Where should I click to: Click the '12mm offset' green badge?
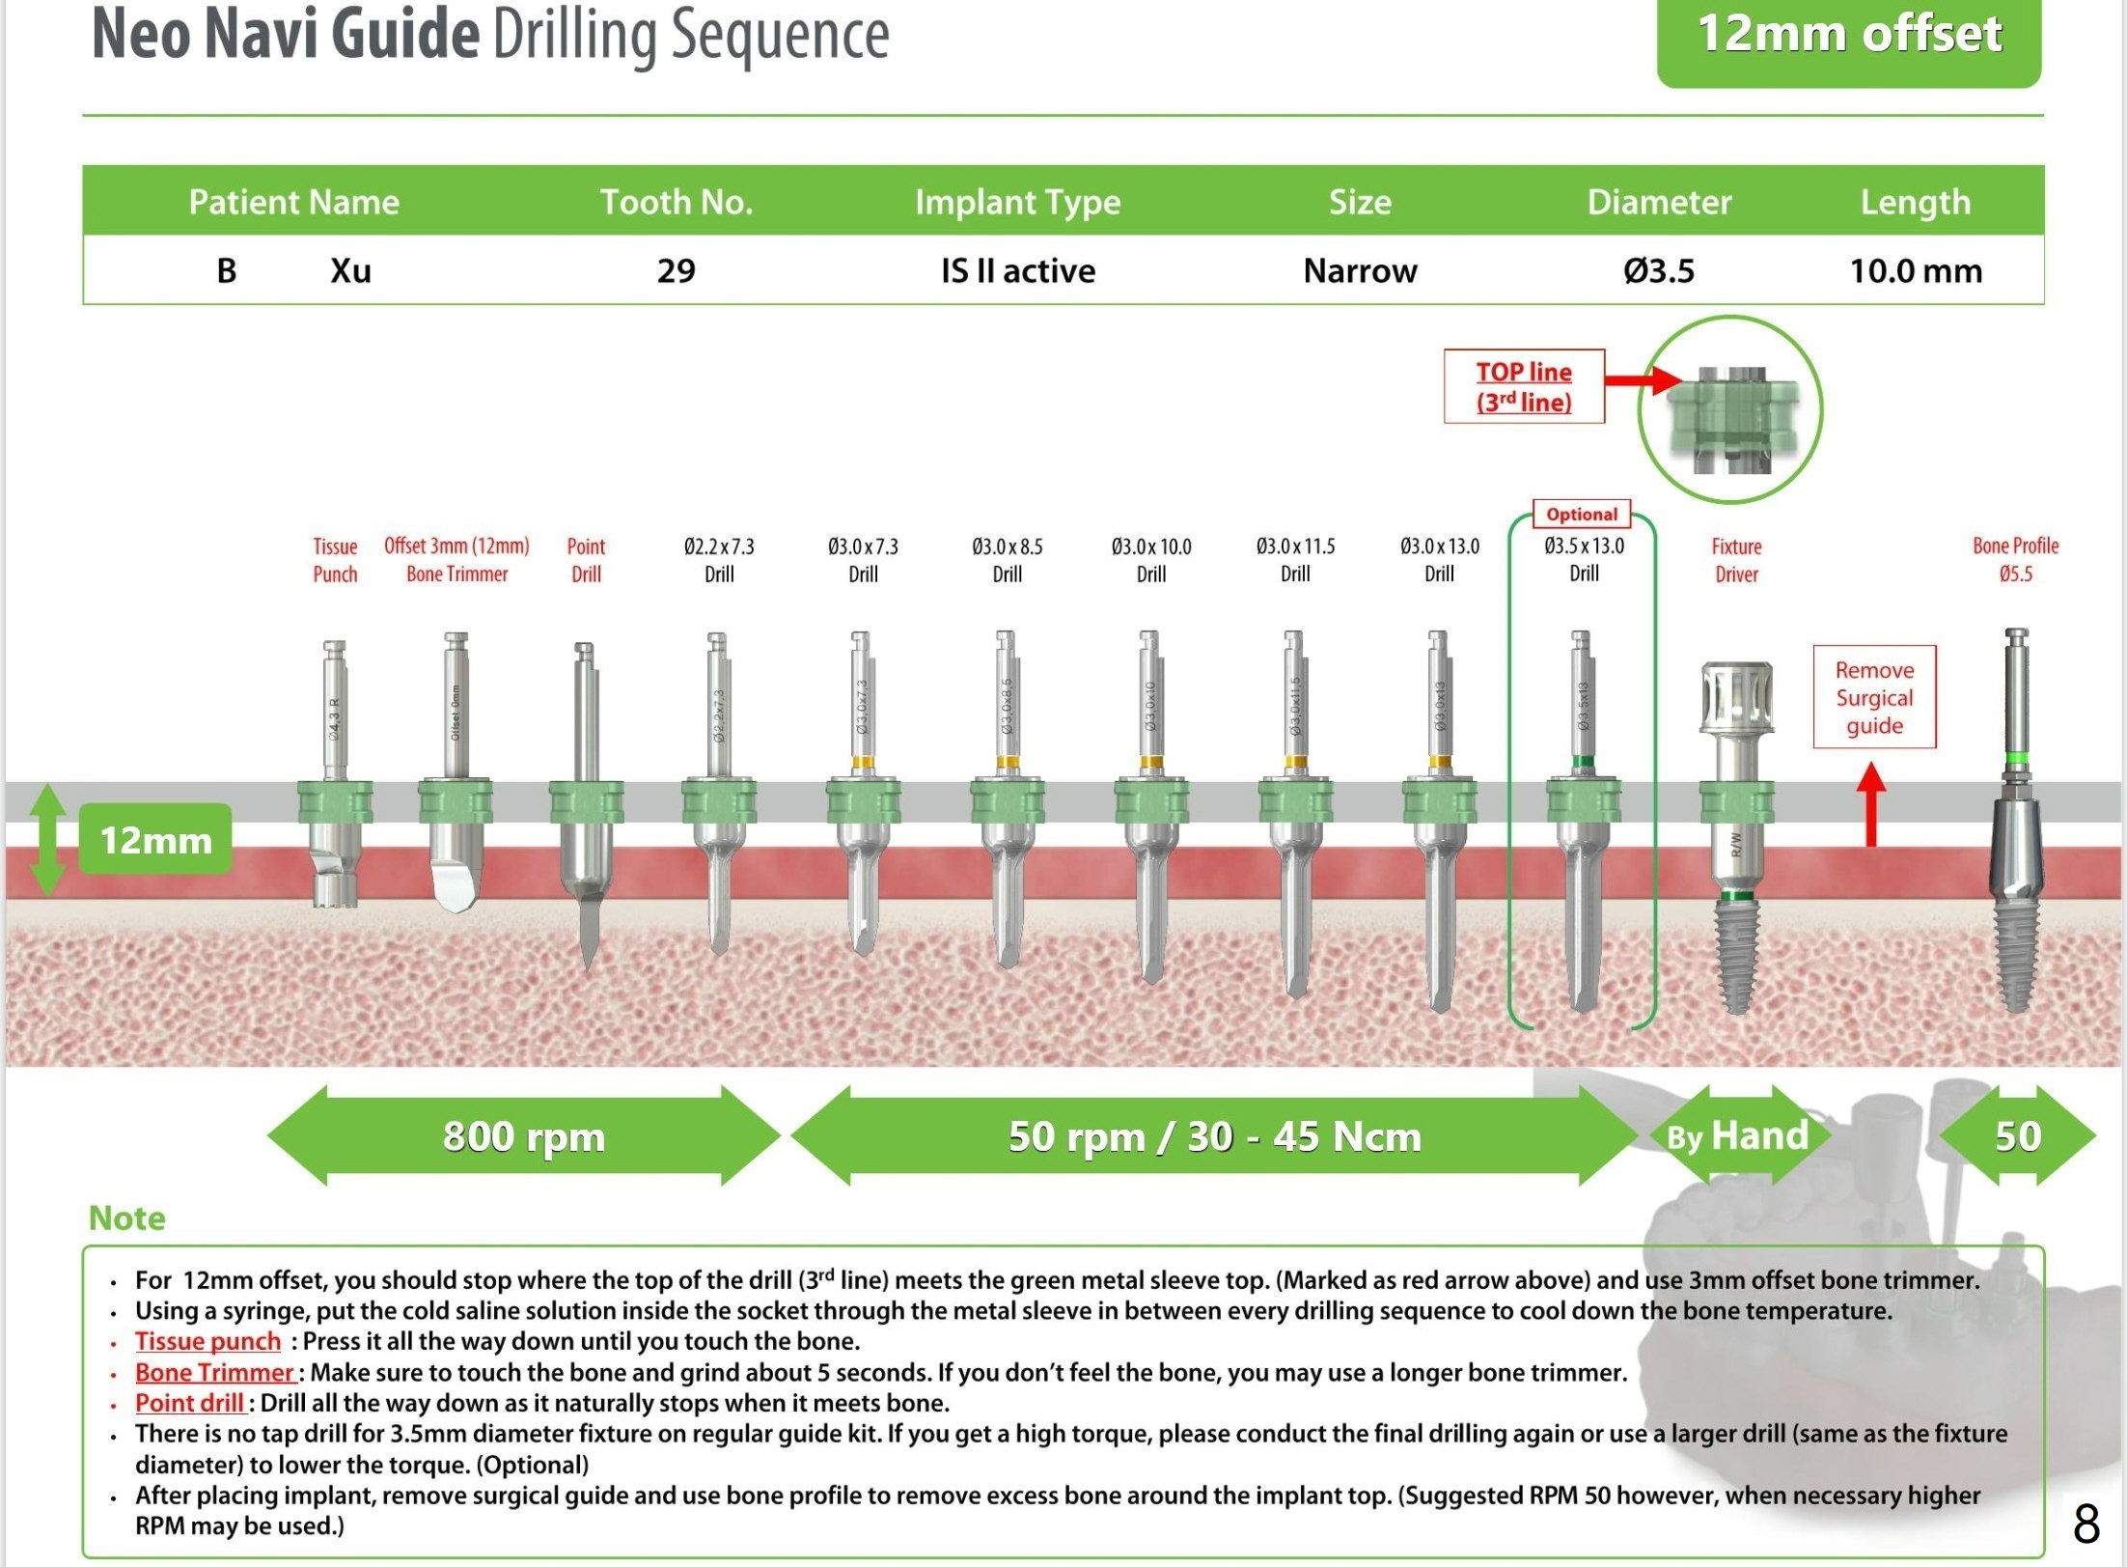click(x=1848, y=37)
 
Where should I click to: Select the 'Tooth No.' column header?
click(x=676, y=202)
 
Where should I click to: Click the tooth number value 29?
click(x=676, y=270)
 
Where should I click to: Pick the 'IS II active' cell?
click(x=1017, y=270)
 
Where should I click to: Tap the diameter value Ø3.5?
click(x=1658, y=270)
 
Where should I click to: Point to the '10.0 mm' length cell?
click(x=1915, y=270)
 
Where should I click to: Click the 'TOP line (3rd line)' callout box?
click(x=1524, y=386)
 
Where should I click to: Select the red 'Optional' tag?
click(x=1582, y=514)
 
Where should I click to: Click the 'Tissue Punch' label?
click(x=335, y=560)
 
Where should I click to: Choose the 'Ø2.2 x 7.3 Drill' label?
click(x=719, y=560)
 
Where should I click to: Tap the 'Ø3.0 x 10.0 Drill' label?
click(x=1151, y=560)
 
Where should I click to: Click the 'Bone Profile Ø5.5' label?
click(x=2015, y=560)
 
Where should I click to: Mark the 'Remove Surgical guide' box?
click(x=1874, y=697)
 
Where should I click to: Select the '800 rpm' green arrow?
click(x=523, y=1135)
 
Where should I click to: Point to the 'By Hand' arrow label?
click(x=1737, y=1135)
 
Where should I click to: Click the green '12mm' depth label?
click(x=155, y=839)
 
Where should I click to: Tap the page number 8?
click(x=2086, y=1525)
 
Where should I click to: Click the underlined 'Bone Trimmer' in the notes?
click(x=214, y=1372)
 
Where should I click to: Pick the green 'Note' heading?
click(x=126, y=1217)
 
